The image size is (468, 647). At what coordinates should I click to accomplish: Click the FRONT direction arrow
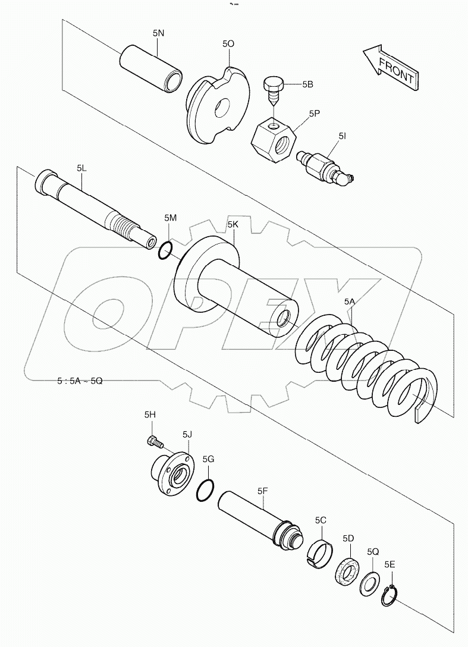pos(391,68)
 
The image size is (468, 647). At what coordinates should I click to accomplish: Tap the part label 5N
pos(158,34)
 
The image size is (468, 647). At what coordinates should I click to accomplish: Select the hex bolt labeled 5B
pos(272,91)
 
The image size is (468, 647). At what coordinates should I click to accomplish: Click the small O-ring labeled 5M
pos(165,250)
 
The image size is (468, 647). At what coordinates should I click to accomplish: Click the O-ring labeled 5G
pos(205,490)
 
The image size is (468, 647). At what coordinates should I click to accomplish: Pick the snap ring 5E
pos(389,595)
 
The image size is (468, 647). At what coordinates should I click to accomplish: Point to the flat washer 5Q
pos(368,583)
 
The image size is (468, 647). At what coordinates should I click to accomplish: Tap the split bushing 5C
pos(321,551)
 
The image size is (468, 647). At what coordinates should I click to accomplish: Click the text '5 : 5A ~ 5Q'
pos(80,381)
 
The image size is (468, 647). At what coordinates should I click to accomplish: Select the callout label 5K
pos(233,224)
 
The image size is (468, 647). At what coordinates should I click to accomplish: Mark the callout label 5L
pos(81,168)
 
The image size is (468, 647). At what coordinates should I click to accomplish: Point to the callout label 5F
pos(262,491)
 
